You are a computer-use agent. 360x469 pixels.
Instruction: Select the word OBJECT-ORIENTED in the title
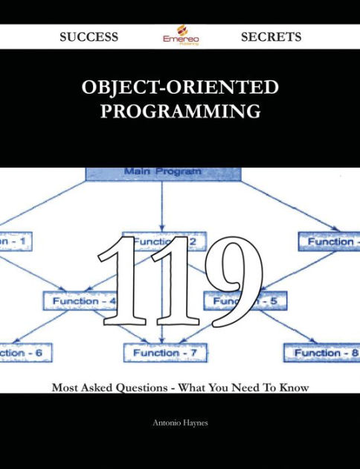click(181, 88)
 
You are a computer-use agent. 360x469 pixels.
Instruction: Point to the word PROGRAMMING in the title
click(180, 112)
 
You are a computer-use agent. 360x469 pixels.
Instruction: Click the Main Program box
click(164, 173)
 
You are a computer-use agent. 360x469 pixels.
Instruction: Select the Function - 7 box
click(166, 352)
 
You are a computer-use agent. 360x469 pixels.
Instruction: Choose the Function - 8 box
click(321, 352)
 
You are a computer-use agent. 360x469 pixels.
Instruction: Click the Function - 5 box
click(245, 301)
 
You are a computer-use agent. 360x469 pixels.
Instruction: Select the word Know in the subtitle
click(293, 388)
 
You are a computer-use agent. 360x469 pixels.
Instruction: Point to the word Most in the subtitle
click(65, 388)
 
